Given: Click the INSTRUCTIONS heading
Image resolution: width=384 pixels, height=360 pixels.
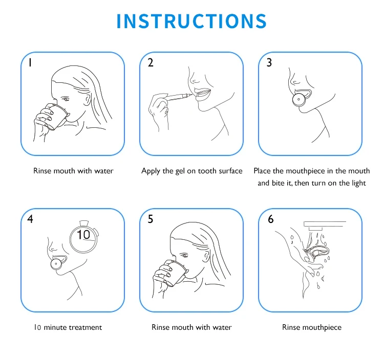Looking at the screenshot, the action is pos(191,21).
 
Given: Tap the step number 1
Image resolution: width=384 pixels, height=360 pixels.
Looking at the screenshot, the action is pos(30,62).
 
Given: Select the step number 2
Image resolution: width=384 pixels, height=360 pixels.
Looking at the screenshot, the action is pos(151,62).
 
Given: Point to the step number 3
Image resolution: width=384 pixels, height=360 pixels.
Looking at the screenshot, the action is pos(269,62).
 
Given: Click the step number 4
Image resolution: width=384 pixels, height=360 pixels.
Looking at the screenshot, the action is pos(30,219).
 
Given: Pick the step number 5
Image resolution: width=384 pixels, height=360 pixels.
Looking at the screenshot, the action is pos(151,219).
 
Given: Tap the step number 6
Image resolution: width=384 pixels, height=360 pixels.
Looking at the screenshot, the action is pos(271,219).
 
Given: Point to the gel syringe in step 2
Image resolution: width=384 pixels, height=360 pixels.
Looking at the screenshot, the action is pos(176,97).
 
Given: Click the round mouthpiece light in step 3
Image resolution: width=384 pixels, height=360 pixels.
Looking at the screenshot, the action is pos(299,99).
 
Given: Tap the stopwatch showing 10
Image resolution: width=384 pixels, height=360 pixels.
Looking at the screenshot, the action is pos(84,236).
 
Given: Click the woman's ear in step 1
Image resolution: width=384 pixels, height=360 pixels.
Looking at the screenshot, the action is pos(87,99).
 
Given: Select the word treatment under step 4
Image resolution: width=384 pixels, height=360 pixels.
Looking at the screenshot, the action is pos(85,327).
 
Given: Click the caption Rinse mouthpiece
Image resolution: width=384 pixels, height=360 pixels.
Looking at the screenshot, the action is pos(312,327).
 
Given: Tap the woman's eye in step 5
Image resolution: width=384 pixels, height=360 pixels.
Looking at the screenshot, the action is pos(184,256).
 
